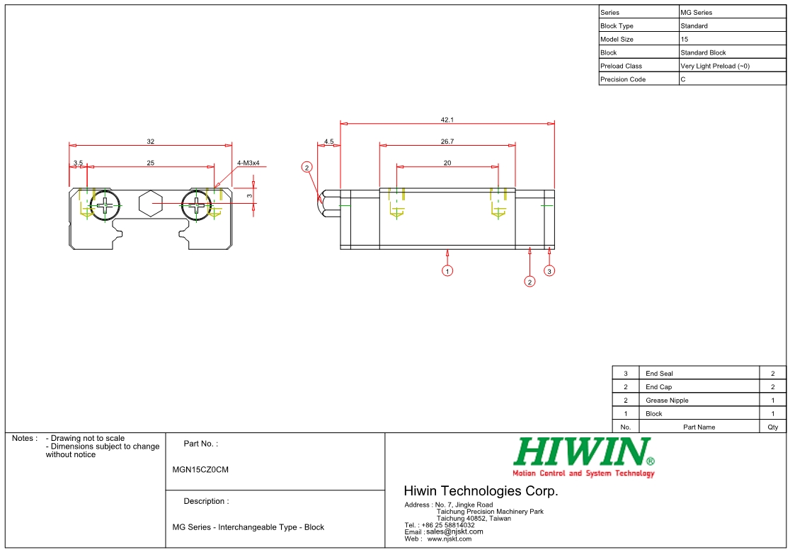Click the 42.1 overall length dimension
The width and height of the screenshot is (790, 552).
447,120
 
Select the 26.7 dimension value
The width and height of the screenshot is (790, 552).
447,142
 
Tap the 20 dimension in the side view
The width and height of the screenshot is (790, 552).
447,163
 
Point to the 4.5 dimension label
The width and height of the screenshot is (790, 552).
328,142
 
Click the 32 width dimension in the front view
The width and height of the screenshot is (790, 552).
150,142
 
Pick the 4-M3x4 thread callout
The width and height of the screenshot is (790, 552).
248,163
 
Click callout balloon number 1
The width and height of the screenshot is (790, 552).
447,270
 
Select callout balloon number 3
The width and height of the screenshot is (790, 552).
549,270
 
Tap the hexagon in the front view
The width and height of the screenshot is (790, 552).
150,205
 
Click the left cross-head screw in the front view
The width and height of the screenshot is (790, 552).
105,205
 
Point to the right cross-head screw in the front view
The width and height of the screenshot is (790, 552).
196,205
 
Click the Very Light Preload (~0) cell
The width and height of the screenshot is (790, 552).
714,66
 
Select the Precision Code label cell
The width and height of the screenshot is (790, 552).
623,79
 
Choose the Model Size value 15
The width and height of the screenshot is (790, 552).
684,39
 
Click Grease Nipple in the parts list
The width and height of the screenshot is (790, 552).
667,401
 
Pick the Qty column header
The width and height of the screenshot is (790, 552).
772,427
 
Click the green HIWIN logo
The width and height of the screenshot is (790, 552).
583,452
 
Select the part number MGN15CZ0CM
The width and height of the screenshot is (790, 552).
200,469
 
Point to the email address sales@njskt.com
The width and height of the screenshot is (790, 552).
454,531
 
